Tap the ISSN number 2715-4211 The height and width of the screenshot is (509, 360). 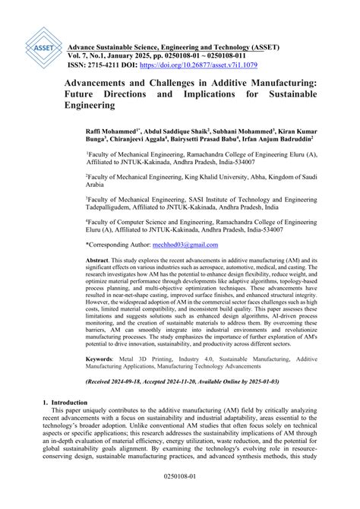point(102,66)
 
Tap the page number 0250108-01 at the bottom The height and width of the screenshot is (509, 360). point(180,498)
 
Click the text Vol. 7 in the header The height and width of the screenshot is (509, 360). point(79,56)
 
